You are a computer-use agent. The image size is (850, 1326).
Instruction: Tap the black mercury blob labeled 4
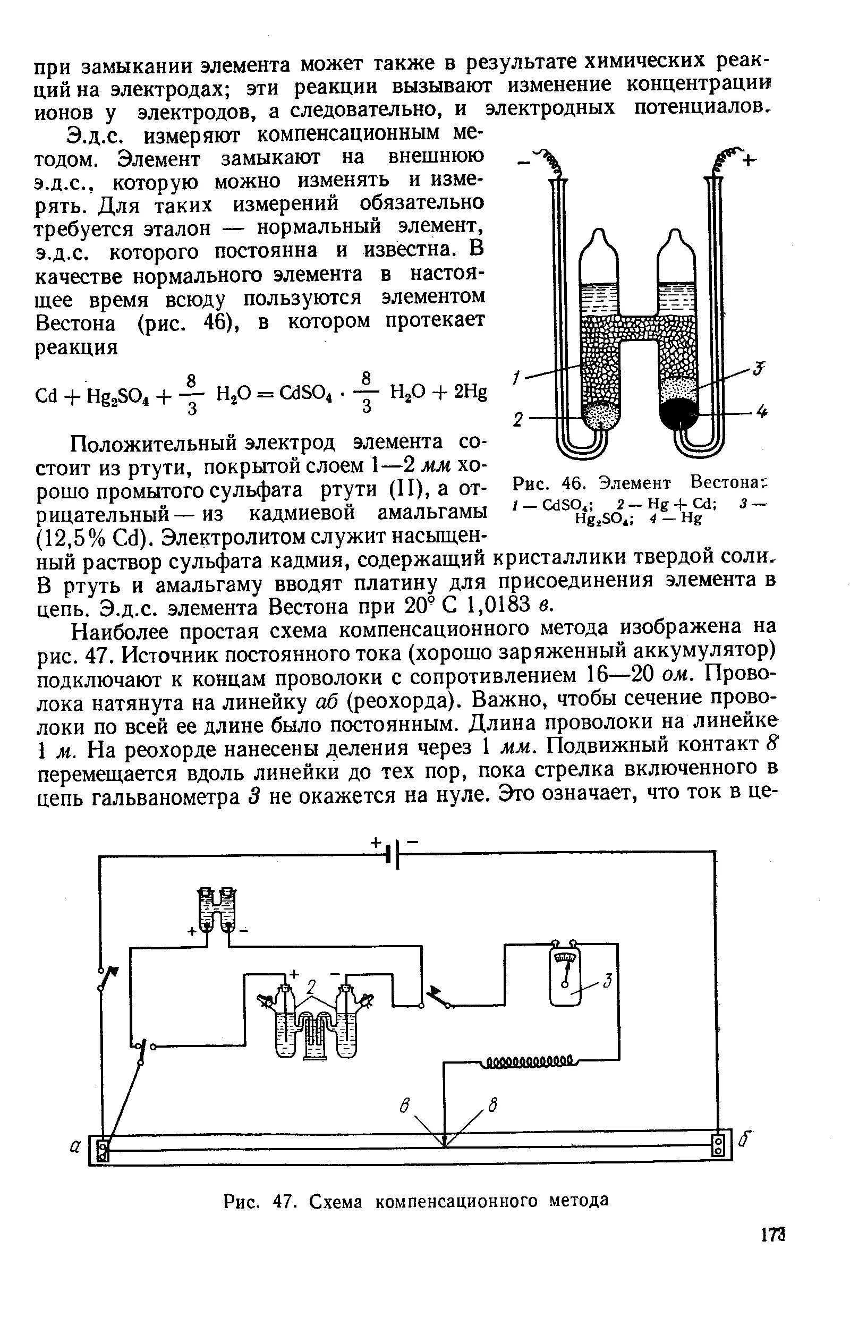(x=679, y=411)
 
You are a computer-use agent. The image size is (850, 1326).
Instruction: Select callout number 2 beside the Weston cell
(x=517, y=420)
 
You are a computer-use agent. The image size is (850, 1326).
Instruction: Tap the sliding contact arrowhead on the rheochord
(x=444, y=1142)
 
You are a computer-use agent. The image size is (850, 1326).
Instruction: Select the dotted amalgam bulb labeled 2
(x=600, y=415)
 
